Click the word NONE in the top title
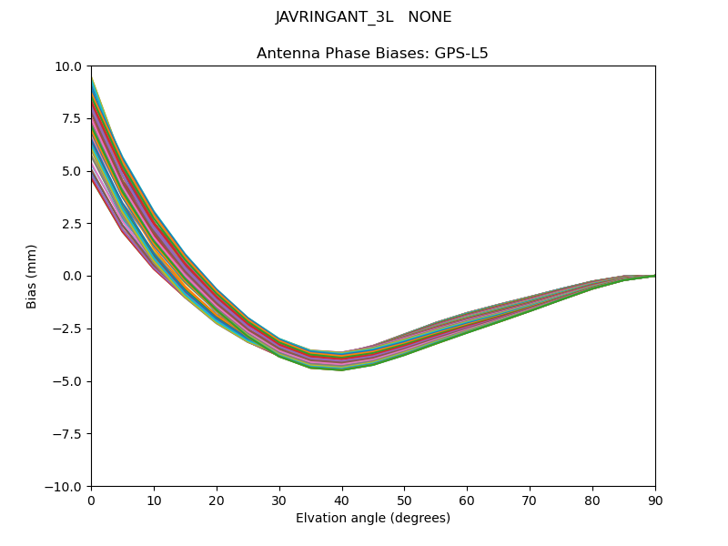[x=430, y=17]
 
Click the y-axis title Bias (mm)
[x=32, y=276]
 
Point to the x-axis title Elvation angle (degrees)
[x=373, y=519]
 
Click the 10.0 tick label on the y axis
[x=69, y=66]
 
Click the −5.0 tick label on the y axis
[x=67, y=381]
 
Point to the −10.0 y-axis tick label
[x=64, y=487]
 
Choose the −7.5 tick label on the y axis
[x=67, y=434]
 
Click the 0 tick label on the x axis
[x=91, y=500]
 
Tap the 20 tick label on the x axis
[x=217, y=500]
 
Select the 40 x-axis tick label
[x=342, y=500]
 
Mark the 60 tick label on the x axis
[x=467, y=500]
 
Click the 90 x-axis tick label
[x=655, y=500]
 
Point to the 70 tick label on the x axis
[x=530, y=500]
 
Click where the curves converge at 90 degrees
[x=654, y=276]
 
